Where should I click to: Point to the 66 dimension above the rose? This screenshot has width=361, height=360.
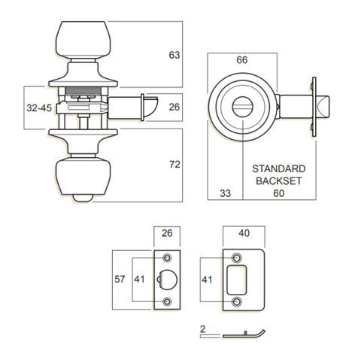tap(241, 60)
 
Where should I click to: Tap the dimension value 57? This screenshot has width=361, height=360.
tap(120, 278)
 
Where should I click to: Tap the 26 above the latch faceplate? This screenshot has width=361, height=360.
tap(167, 233)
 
